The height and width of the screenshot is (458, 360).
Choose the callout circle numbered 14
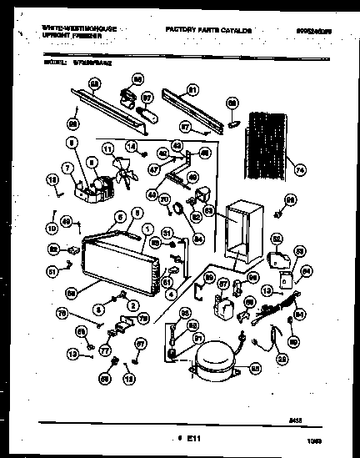coord(130,147)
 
